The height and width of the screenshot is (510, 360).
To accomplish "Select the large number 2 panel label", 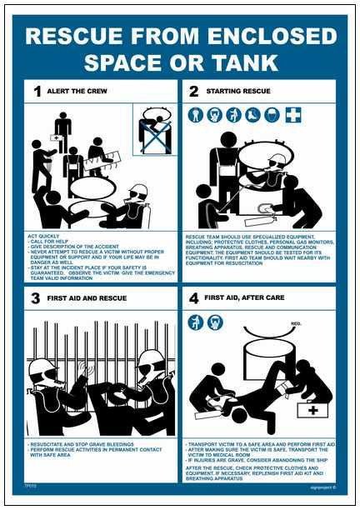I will [195, 91].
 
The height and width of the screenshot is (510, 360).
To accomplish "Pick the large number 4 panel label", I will [194, 298].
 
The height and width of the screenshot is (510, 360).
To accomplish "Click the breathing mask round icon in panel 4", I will [215, 322].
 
